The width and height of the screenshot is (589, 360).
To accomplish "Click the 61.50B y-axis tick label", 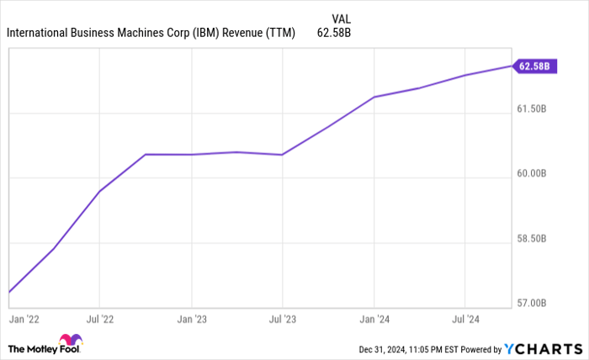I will point(534,109).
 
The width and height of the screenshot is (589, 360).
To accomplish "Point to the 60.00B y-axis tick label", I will point(534,173).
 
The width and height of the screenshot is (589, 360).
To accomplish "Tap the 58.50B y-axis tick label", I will point(534,238).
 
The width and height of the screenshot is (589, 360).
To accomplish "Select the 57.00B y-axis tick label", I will point(534,303).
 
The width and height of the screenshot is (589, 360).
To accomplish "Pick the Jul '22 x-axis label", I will point(99,320).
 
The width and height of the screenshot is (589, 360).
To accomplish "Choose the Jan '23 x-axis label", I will point(191,320).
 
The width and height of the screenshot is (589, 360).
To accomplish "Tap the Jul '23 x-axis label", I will point(282,320).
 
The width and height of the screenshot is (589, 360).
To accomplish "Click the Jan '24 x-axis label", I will point(374,320).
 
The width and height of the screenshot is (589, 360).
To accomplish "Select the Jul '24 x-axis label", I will point(464,320).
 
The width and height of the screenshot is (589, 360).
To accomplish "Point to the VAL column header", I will point(342,16).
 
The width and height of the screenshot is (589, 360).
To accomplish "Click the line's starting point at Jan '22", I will point(9,292).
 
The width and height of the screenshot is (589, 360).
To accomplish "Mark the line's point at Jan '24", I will point(374,97).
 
